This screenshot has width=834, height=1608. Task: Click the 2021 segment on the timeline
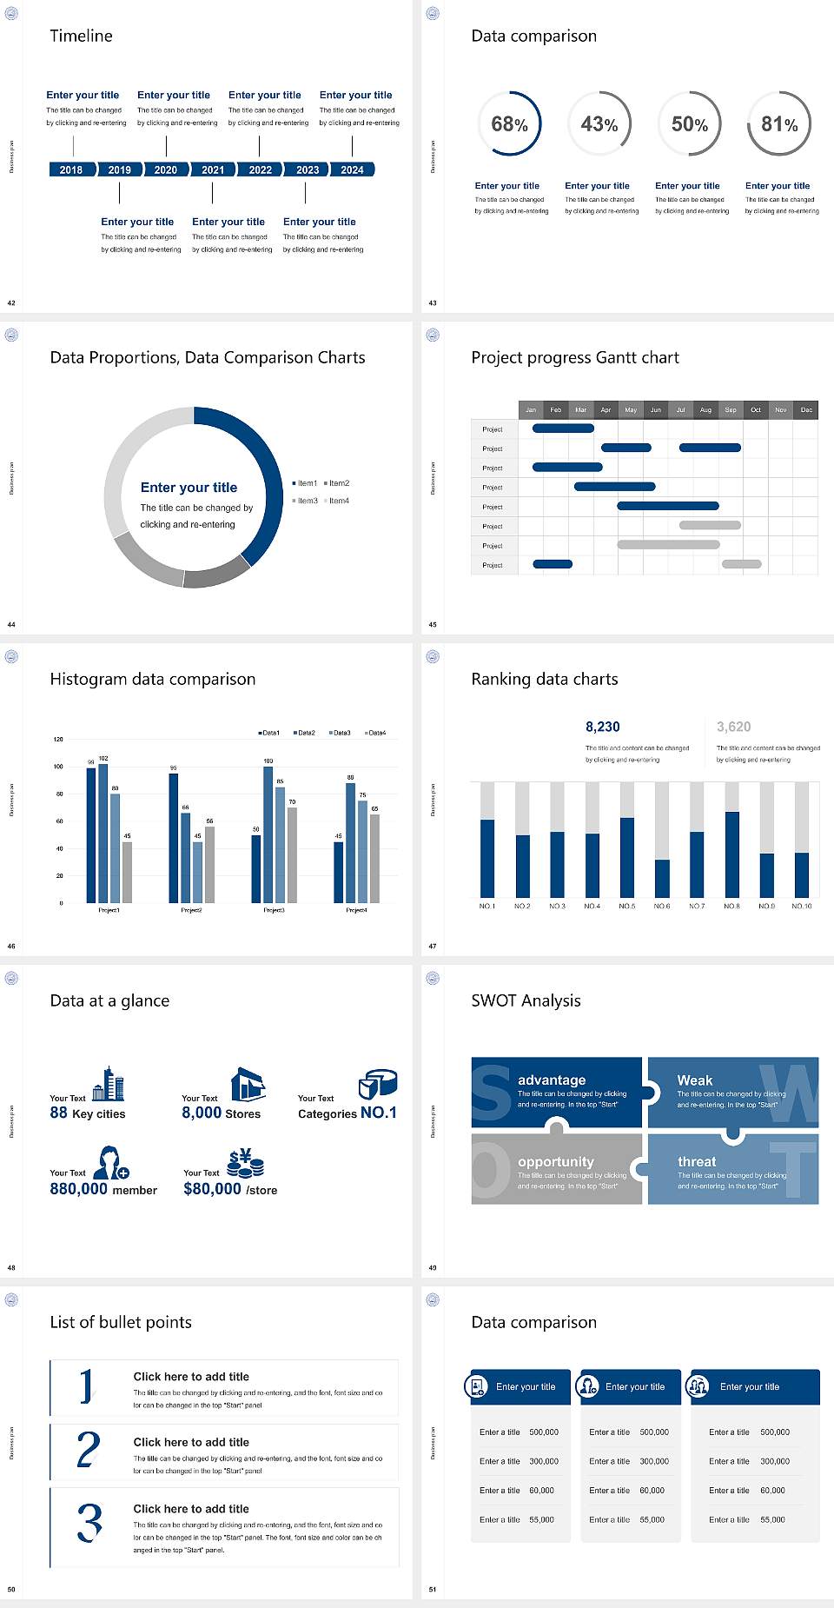[213, 169]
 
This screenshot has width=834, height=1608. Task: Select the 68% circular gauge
[509, 123]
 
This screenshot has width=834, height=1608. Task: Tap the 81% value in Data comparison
[779, 124]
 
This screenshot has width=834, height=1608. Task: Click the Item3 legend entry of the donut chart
[306, 501]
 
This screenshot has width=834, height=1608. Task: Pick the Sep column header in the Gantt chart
[731, 409]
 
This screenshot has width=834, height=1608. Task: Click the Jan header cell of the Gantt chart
[531, 409]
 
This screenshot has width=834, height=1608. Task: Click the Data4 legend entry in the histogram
[375, 733]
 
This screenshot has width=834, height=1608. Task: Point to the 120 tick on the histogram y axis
[58, 740]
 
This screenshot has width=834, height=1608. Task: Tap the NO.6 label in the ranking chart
[662, 906]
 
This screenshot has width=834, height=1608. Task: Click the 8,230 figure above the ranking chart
[603, 727]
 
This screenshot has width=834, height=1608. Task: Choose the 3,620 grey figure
[734, 727]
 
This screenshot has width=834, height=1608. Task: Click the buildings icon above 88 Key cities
[109, 1084]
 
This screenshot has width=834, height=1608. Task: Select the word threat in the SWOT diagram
[697, 1161]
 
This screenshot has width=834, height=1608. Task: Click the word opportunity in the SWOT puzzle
[556, 1161]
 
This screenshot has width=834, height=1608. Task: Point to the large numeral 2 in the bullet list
[89, 1450]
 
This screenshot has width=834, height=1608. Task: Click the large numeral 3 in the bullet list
[89, 1523]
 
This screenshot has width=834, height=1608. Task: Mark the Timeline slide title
[81, 36]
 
